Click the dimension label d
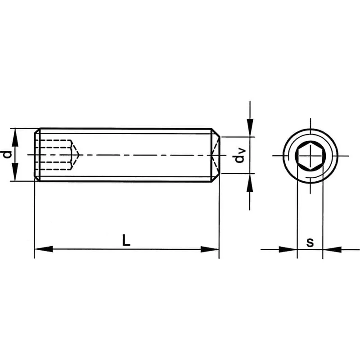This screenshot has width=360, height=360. point(6,155)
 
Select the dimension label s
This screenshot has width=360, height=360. point(310,242)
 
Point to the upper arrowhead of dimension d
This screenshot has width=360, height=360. point(15,137)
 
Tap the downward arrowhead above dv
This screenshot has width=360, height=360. point(250,128)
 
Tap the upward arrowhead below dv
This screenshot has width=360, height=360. point(250,183)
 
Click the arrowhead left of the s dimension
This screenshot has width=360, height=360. point(288,249)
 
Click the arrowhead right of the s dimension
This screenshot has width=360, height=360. point(332,249)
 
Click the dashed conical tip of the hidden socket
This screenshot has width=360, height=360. point(76,155)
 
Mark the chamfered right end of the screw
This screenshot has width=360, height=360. point(216,155)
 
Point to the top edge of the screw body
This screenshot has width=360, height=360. point(126,129)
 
